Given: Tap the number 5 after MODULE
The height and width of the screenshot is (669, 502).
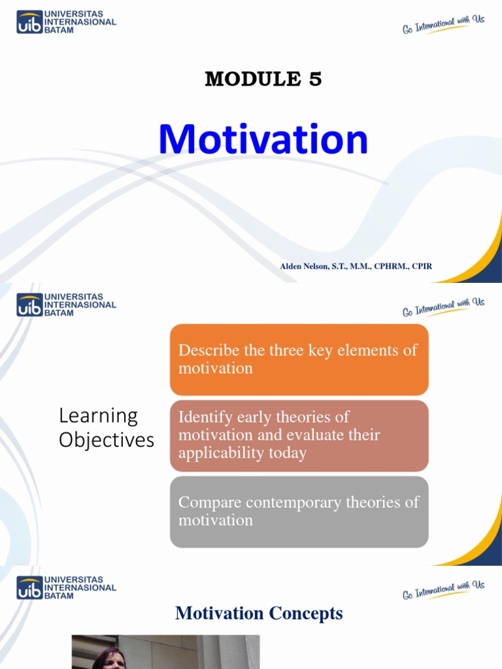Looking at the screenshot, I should point(315,80).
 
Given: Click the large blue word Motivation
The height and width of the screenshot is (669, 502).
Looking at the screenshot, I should point(263,140).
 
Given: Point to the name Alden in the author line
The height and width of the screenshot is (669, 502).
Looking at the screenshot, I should point(292,266).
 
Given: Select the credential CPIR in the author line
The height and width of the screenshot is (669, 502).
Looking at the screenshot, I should point(422,266).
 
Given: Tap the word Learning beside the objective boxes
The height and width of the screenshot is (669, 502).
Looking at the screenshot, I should point(98,416).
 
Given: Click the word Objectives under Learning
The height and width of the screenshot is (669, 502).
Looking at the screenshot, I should point(107,440).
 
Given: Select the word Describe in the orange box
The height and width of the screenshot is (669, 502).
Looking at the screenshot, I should point(209,350).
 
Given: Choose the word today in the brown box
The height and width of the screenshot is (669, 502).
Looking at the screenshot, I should point(287,453).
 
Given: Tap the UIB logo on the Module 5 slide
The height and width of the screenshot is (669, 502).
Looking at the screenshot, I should point(29,22).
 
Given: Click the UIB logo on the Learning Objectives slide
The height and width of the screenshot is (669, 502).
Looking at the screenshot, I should point(29,304).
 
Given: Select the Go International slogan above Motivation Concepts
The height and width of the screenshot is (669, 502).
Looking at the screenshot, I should point(443,590).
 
